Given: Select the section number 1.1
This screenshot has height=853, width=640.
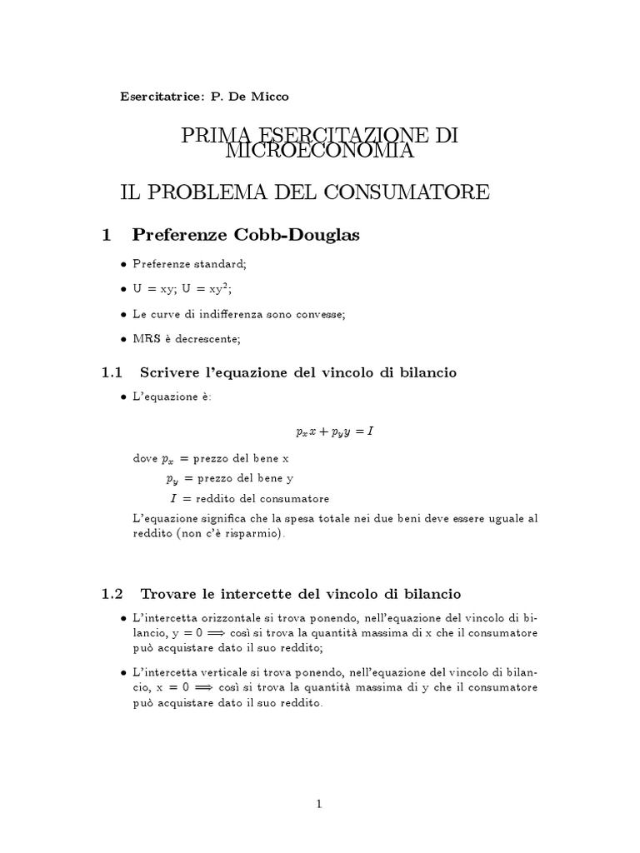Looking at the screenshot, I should (112, 372).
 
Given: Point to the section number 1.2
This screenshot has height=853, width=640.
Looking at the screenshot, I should (112, 594).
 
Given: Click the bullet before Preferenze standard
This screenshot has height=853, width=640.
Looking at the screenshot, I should (124, 264).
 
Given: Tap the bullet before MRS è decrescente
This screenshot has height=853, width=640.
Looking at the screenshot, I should (124, 339).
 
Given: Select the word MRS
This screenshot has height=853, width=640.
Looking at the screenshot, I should (144, 339).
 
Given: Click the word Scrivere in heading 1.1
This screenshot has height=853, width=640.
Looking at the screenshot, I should (171, 372).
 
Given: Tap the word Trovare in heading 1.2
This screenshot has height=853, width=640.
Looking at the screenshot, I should (169, 594).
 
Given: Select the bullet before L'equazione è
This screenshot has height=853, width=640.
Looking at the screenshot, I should (124, 397).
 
